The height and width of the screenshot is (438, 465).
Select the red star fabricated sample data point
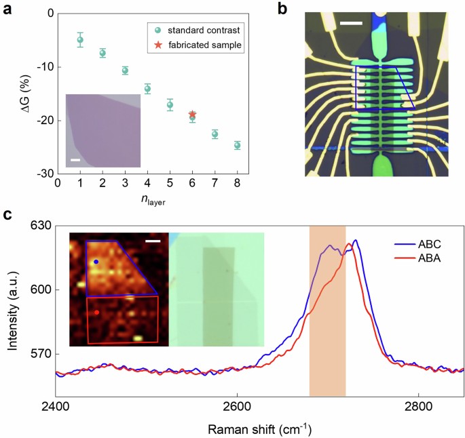click(192, 115)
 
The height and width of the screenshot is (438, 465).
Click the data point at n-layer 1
click(80, 40)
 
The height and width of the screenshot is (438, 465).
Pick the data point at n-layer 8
click(238, 145)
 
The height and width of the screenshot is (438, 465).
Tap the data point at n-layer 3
click(125, 71)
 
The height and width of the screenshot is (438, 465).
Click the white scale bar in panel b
click(351, 24)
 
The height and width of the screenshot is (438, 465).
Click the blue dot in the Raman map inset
click(96, 262)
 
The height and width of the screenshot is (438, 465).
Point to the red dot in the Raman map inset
click(96, 313)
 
